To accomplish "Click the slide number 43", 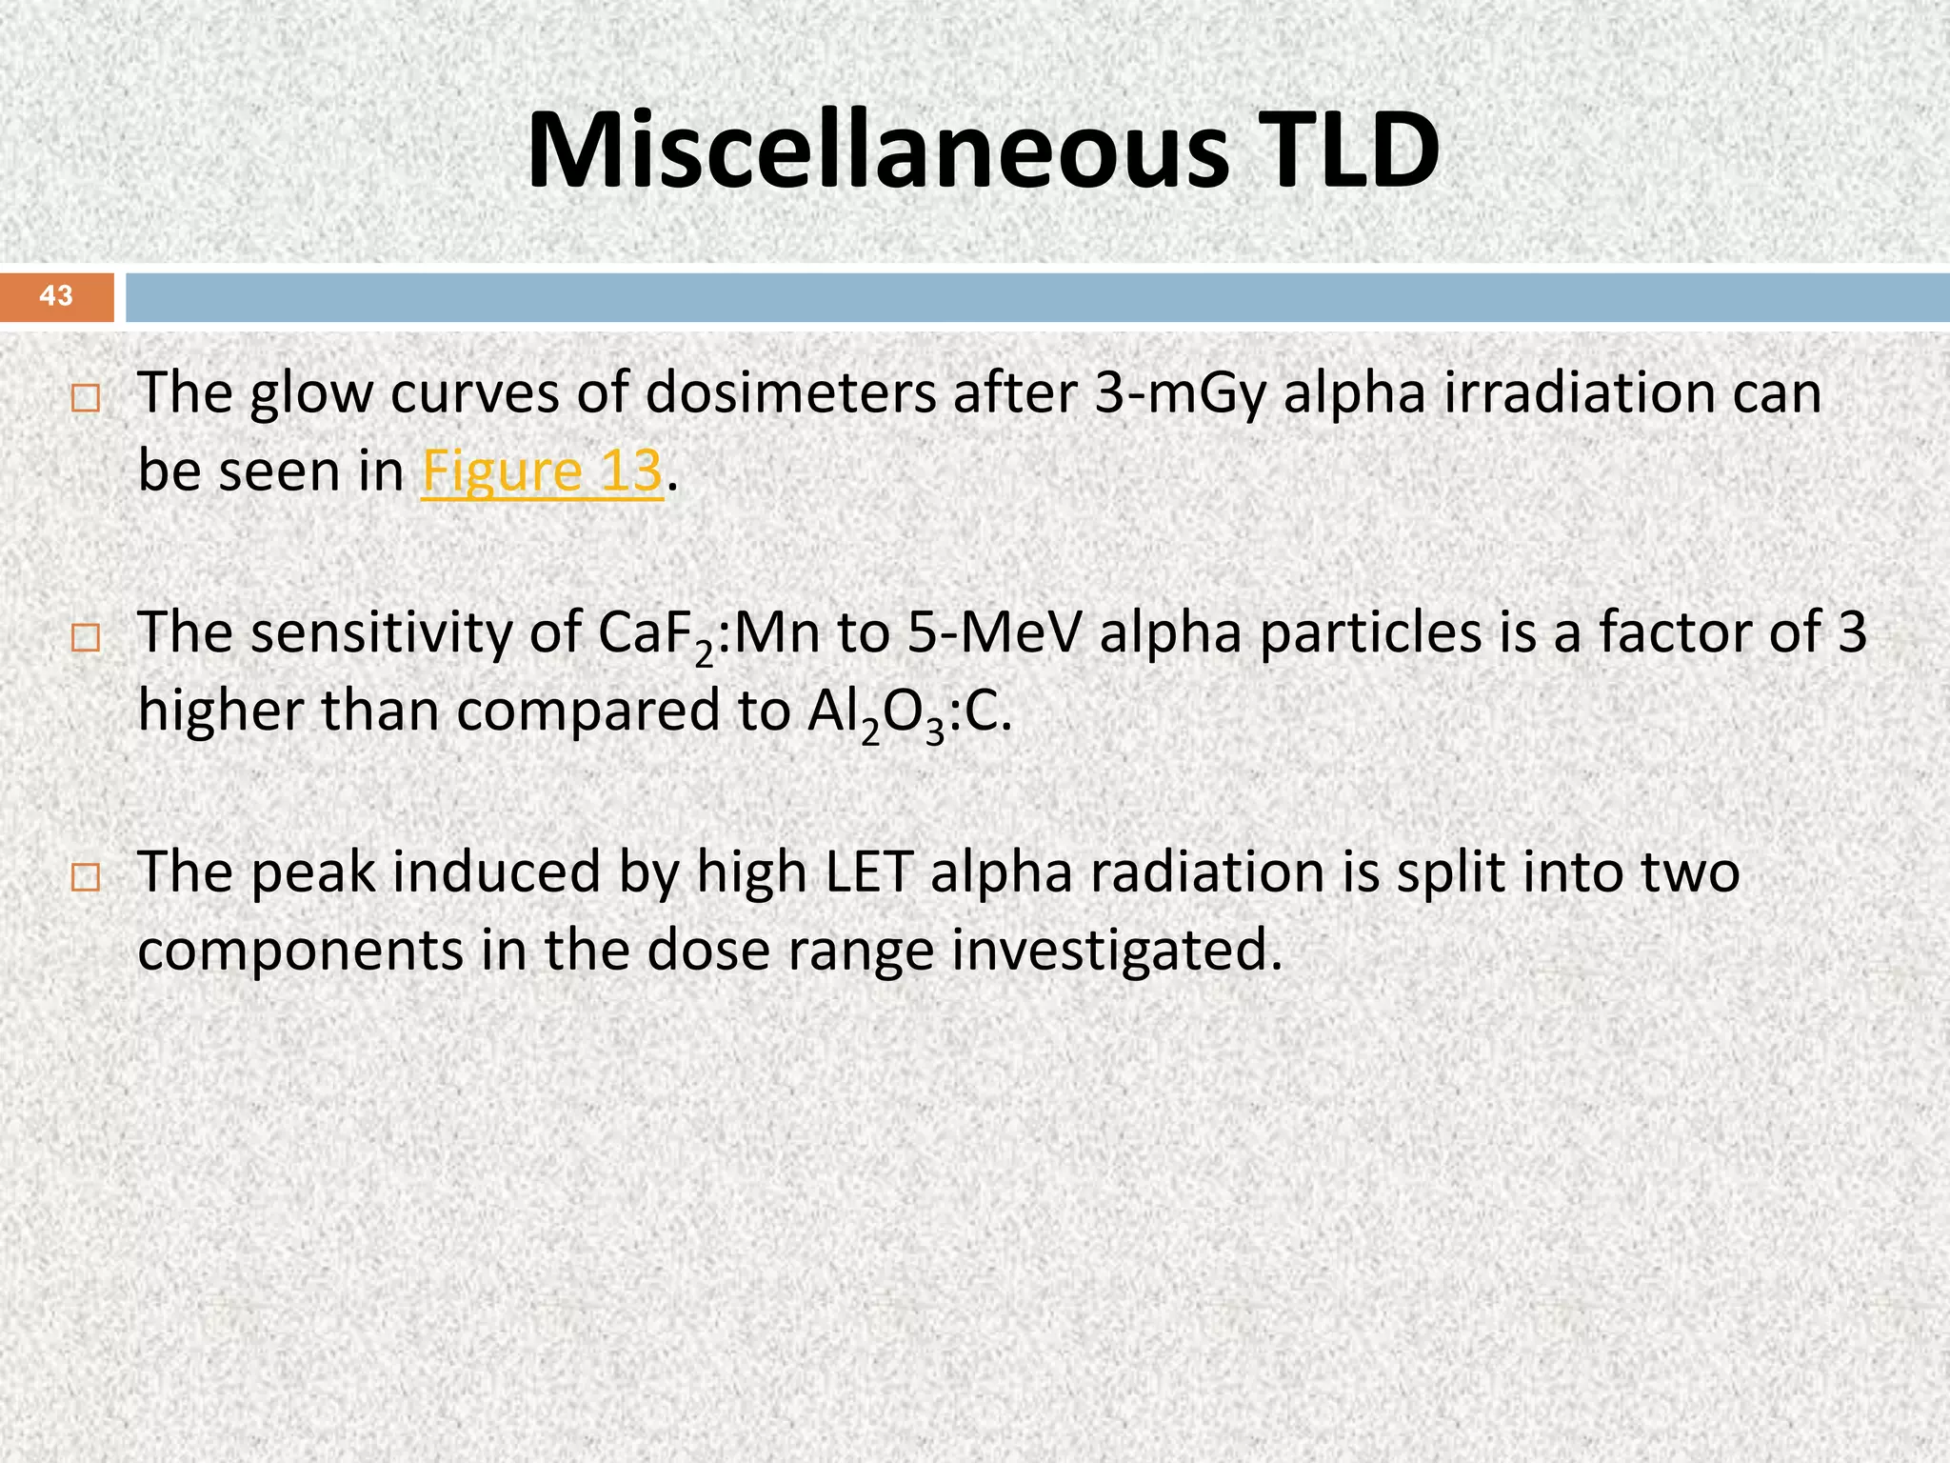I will pos(56,296).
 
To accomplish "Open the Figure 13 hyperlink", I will pos(542,471).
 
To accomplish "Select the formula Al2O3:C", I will pos(908,713).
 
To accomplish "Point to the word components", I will pos(300,951).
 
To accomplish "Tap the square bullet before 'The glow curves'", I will pos(85,398).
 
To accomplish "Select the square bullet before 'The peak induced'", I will pos(85,877).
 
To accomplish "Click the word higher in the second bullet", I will pos(220,711).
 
